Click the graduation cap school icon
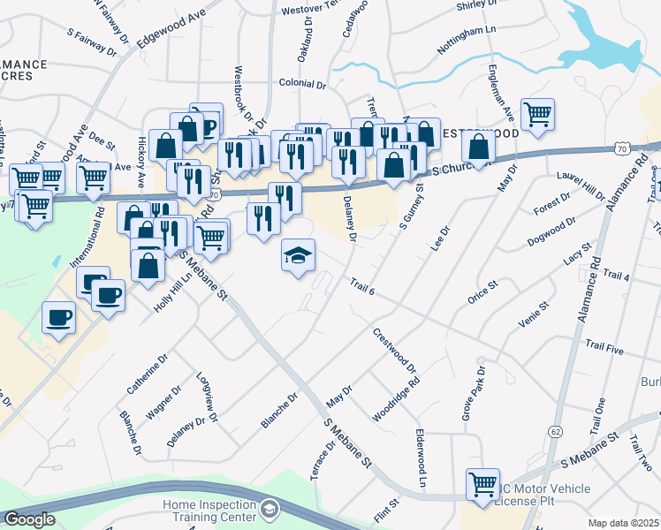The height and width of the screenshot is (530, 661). coord(298,255)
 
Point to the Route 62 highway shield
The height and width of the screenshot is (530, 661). coord(554,431)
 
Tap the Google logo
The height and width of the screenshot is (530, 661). coord(30,519)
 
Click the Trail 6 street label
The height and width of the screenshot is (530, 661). coord(363,285)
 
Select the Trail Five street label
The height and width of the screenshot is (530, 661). coord(603,351)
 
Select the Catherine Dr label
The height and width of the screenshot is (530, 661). coord(147,375)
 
